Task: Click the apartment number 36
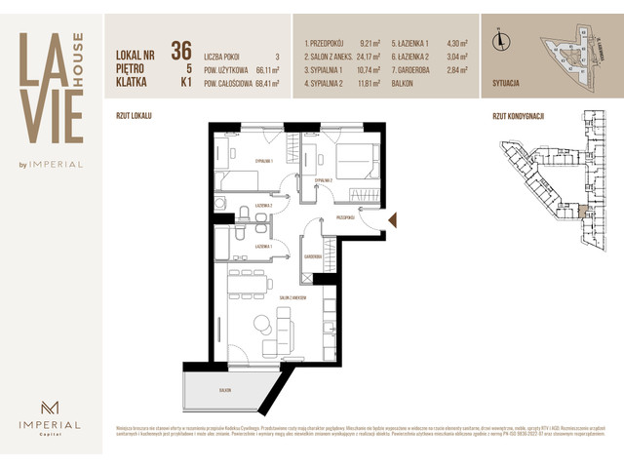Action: (180, 50)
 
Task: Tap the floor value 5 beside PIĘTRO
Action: (186, 70)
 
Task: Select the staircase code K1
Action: (184, 85)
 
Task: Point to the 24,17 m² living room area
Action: (370, 57)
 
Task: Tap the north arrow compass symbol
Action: (500, 40)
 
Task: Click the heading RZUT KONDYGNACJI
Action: (518, 114)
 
